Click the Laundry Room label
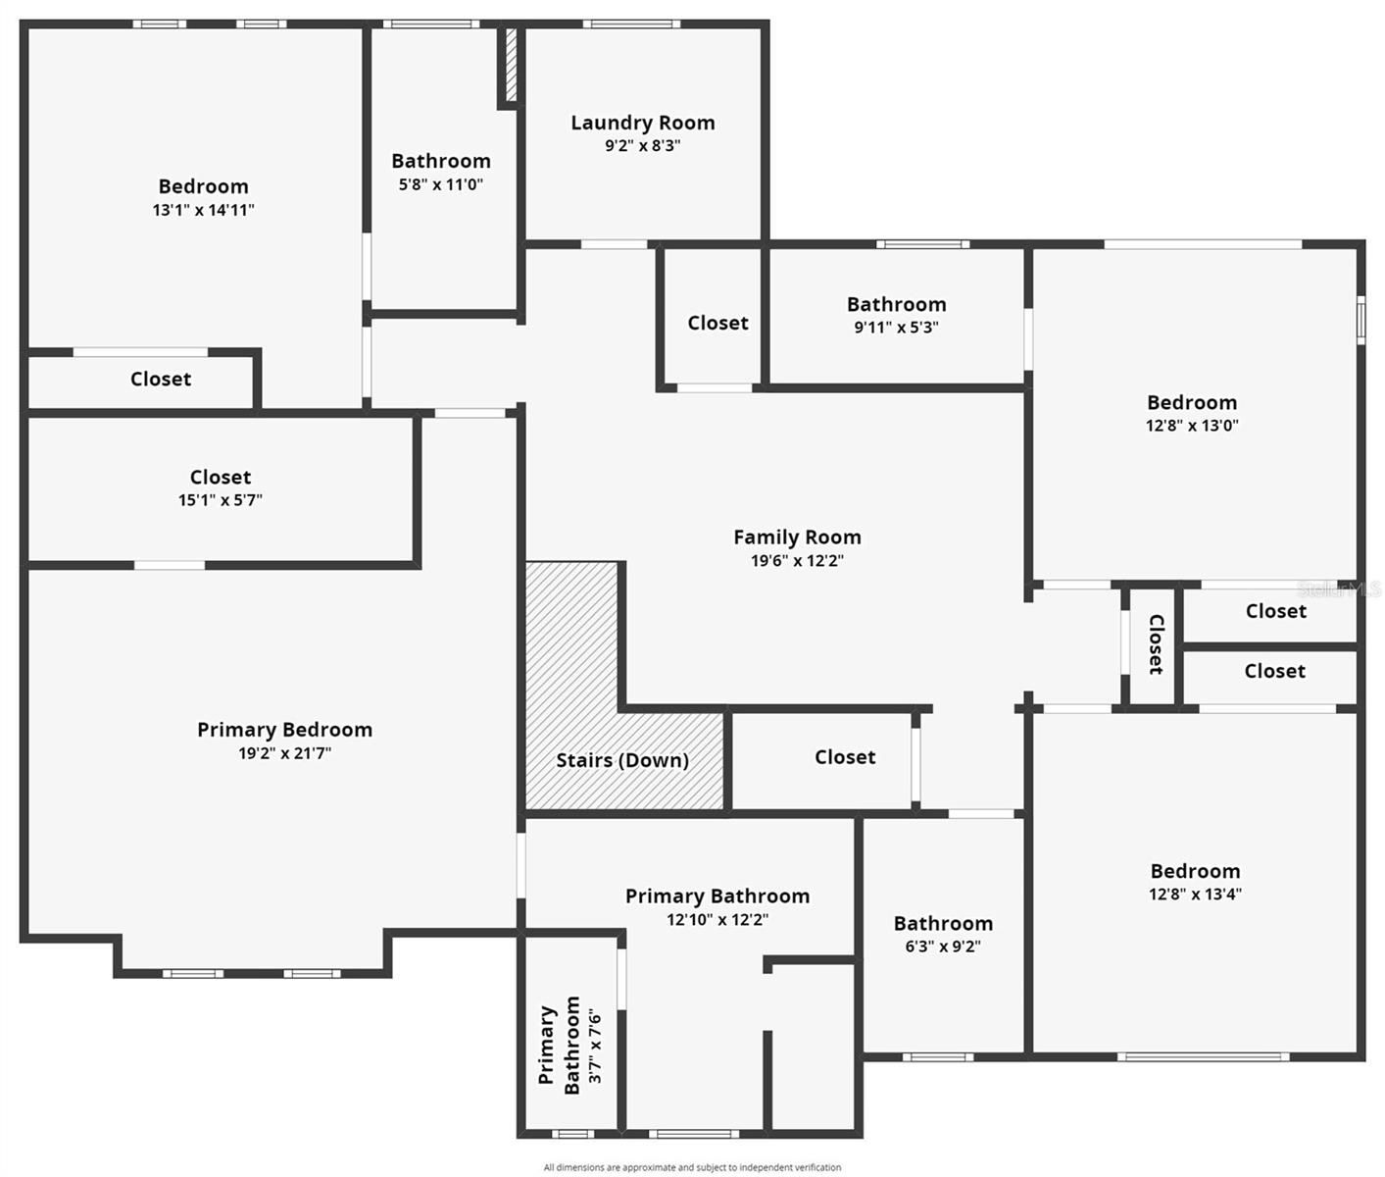pos(642,123)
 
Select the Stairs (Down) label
pos(621,760)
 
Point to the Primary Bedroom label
pos(284,730)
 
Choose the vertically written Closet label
pos(1156,644)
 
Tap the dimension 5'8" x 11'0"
pos(440,184)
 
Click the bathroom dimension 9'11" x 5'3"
pos(896,328)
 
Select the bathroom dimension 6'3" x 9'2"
pos(942,947)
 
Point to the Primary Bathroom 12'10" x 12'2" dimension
pos(717,920)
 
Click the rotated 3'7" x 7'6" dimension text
pos(595,1046)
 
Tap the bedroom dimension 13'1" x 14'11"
pos(203,210)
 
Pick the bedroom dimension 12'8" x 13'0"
pos(1191,426)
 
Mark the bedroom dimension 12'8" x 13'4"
pos(1195,895)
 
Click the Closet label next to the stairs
pos(844,757)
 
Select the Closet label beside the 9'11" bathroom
pos(717,323)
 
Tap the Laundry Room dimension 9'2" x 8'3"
pos(642,146)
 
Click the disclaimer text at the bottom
pos(692,1167)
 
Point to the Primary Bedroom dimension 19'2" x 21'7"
pos(284,753)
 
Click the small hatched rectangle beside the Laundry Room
pos(511,65)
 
